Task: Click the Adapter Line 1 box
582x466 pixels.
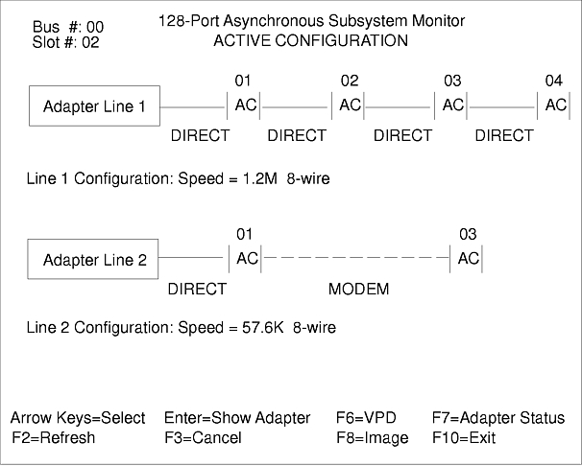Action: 95,106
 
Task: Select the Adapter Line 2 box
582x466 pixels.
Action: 95,260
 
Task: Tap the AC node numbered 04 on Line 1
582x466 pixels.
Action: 556,105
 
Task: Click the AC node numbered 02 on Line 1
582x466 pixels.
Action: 350,105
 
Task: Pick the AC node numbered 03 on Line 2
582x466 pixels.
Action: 469,258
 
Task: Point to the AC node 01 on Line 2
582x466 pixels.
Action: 247,258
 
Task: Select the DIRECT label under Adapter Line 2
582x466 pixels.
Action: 197,289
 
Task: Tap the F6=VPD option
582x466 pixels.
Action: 366,418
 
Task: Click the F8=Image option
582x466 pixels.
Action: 372,438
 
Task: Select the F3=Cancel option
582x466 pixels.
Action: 203,438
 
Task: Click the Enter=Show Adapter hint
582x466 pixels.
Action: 237,418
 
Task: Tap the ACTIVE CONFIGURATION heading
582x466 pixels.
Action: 310,40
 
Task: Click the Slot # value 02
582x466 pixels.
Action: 89,42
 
